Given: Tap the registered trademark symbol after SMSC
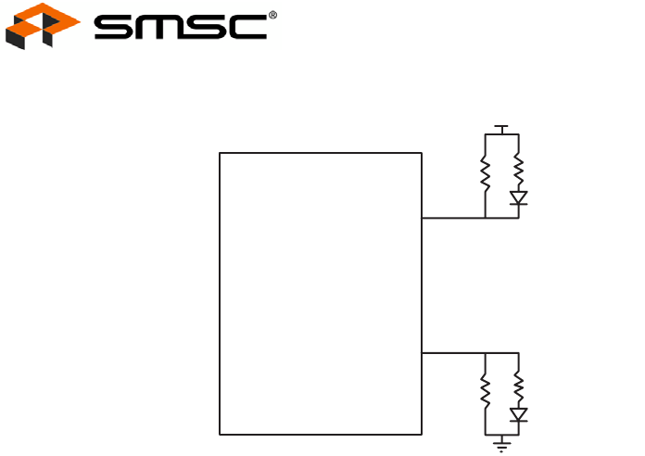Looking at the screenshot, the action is click(272, 16).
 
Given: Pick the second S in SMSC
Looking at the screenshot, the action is click(204, 27).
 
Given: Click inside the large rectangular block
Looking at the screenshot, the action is click(320, 293).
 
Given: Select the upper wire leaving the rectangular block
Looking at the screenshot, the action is click(452, 219).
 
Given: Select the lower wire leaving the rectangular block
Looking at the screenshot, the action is click(452, 352).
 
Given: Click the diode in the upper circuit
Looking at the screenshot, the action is click(518, 197).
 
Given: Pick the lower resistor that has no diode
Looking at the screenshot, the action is click(485, 389).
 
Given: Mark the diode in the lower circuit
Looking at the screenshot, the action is click(518, 414).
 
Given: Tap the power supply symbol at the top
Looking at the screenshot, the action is click(501, 128).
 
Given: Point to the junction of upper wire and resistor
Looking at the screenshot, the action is click(485, 219).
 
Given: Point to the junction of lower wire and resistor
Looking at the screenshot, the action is click(485, 352).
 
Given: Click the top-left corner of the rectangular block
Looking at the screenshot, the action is click(220, 153).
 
